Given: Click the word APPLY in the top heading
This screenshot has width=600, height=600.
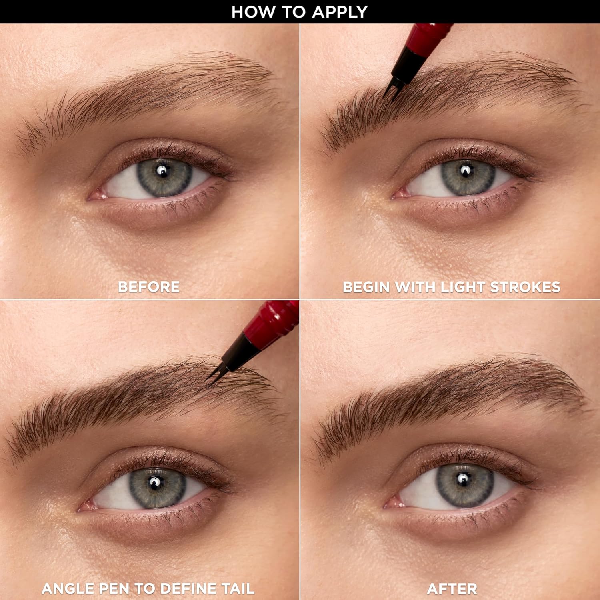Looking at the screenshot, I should (340, 12).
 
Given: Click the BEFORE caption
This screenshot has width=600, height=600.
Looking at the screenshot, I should (149, 287).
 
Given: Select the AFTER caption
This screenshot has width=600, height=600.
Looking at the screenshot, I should (452, 588).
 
